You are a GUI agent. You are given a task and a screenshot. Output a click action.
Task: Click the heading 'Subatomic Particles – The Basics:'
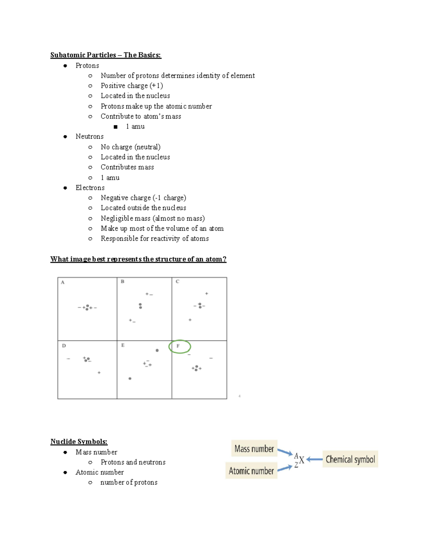point(106,55)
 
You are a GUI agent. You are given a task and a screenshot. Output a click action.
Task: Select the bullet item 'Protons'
point(87,66)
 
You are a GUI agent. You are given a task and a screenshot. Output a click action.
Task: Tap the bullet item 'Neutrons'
point(90,136)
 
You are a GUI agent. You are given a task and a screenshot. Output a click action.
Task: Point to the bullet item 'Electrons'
point(90,188)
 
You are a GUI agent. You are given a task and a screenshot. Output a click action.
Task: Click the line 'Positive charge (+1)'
point(132,86)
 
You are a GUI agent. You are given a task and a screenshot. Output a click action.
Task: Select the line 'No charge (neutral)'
point(131,147)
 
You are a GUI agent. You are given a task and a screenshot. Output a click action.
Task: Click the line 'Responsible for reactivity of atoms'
point(154,239)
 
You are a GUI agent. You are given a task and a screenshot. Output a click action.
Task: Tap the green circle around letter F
point(180,346)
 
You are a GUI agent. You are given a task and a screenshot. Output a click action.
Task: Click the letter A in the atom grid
point(63,282)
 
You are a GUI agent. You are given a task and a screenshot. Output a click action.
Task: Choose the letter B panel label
point(122,282)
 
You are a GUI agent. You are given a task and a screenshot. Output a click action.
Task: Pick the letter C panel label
point(177,282)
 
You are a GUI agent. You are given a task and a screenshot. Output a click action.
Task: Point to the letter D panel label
point(64,346)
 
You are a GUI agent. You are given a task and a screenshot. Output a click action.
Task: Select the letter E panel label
point(123,345)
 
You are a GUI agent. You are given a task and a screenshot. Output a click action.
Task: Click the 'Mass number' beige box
point(254,449)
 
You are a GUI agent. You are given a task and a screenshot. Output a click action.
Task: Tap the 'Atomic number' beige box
point(251,471)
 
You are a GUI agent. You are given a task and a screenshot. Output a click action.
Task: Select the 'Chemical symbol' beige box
point(350,459)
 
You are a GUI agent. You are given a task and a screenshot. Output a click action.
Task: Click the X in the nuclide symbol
point(302,460)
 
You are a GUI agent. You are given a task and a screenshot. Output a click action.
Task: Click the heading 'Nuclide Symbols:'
point(79,442)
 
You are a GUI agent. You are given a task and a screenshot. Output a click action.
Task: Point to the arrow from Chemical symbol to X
point(314,460)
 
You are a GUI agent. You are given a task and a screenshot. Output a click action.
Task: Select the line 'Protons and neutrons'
point(133,462)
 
